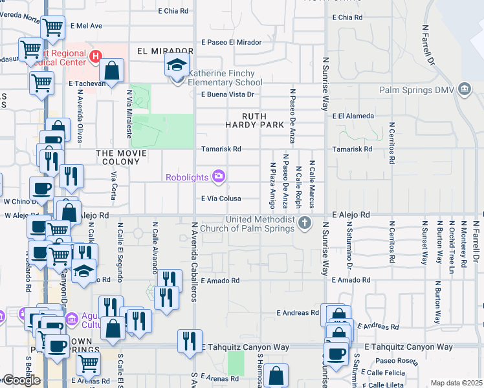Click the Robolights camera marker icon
[219, 176]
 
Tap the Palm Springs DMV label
[425, 90]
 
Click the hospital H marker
[96, 57]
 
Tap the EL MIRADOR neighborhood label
[165, 51]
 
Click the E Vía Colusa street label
[221, 199]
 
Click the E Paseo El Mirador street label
[231, 42]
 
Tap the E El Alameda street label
[353, 116]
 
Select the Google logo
[21, 380]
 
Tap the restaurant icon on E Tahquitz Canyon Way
[190, 340]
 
